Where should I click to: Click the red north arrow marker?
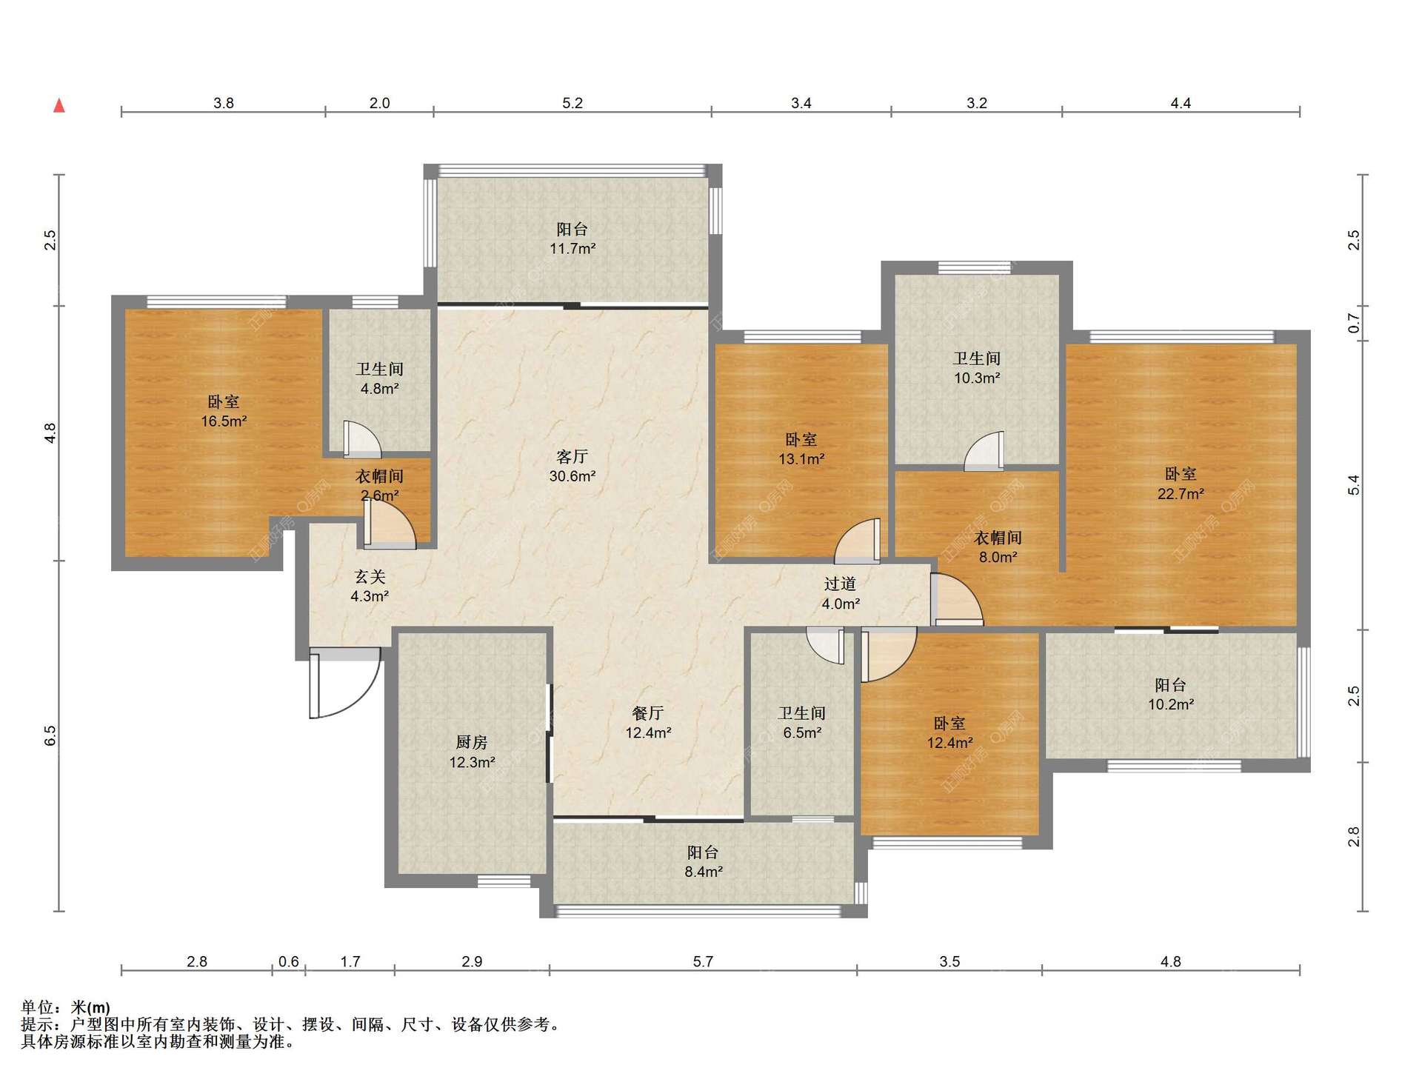(x=59, y=106)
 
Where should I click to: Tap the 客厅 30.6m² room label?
(x=572, y=467)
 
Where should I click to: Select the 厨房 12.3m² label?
(x=472, y=752)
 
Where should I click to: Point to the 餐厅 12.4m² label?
(x=648, y=723)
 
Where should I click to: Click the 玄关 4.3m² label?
(x=370, y=586)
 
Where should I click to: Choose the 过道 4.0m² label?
(x=841, y=594)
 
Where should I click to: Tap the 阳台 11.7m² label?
(x=573, y=238)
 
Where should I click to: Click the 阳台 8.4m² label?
(x=703, y=862)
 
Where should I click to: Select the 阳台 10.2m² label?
(x=1171, y=695)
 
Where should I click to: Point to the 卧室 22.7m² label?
(x=1181, y=484)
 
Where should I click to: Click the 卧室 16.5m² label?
(x=224, y=411)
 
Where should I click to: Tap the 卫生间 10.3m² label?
(x=977, y=368)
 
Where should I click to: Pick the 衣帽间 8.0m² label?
(x=998, y=547)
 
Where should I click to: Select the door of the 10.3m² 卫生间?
(x=984, y=451)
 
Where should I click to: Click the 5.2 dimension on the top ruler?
(x=573, y=103)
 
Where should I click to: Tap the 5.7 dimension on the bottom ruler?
(x=703, y=961)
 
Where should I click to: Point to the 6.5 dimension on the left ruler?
(x=50, y=735)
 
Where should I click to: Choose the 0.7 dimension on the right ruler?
(x=1354, y=323)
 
